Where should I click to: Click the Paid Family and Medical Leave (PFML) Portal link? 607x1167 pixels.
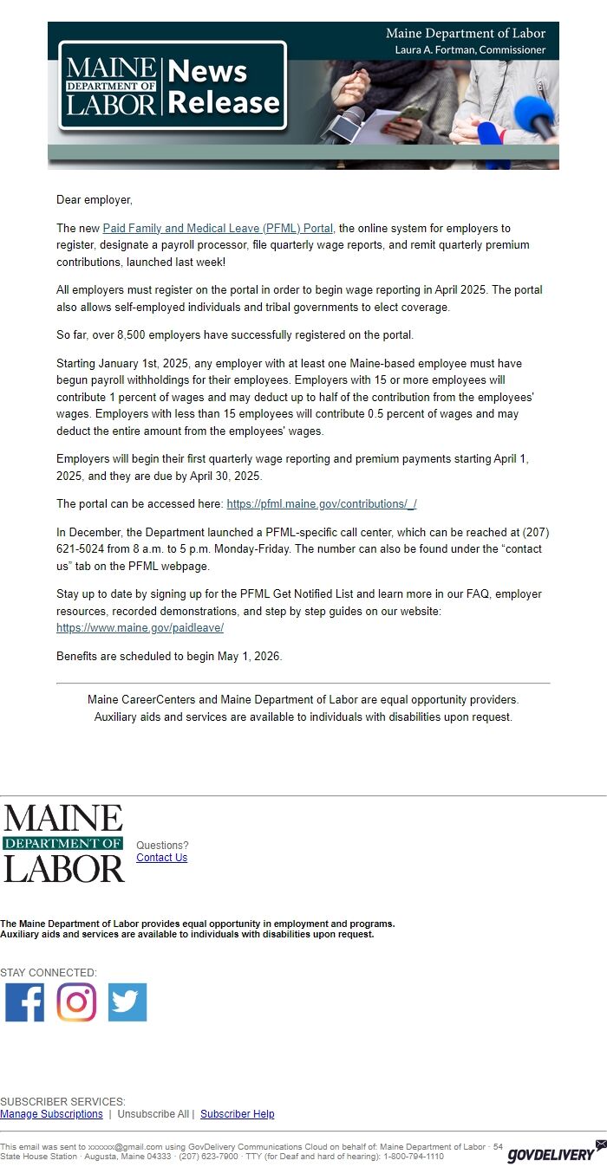[x=218, y=229]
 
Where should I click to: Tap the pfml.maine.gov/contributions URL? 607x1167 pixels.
[x=321, y=504]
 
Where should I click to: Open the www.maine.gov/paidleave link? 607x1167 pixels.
[x=140, y=628]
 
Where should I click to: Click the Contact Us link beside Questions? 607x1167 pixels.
[x=161, y=858]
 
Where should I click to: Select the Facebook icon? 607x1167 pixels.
[x=24, y=1002]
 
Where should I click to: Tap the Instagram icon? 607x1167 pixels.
[x=76, y=1002]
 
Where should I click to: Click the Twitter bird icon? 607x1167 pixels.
[x=127, y=1002]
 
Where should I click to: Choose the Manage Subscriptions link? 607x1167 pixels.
[x=51, y=1114]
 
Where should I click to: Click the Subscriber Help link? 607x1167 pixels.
[x=237, y=1114]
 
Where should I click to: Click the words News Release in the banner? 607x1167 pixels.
[x=224, y=87]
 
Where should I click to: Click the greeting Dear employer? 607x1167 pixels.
[x=95, y=200]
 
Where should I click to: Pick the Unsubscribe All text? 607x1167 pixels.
[x=153, y=1114]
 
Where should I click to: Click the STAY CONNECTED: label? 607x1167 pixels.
[x=49, y=973]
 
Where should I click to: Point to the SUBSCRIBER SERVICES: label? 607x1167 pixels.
[x=62, y=1102]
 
